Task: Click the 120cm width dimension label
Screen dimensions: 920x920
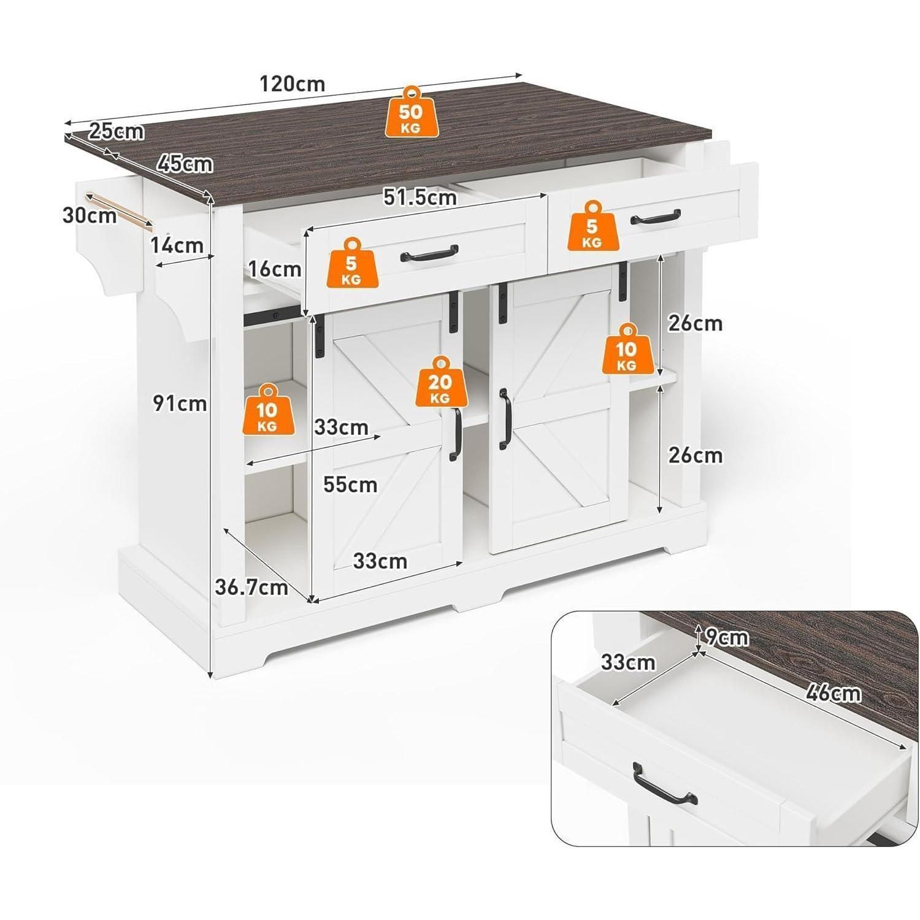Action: click(293, 83)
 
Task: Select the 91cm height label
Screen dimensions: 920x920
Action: click(180, 403)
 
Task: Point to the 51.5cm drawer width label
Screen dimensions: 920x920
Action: click(420, 197)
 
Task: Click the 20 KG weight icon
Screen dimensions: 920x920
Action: click(440, 381)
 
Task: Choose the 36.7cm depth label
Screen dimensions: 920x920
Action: click(251, 587)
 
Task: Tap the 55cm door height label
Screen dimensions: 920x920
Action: click(350, 485)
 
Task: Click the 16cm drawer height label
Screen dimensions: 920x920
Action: click(274, 269)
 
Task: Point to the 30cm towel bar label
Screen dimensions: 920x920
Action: click(90, 215)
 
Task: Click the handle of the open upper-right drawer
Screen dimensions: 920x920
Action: click(656, 218)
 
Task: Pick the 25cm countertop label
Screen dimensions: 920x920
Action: click(117, 131)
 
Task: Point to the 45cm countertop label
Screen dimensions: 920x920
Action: click(185, 164)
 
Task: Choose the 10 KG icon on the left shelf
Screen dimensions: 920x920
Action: click(267, 410)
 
